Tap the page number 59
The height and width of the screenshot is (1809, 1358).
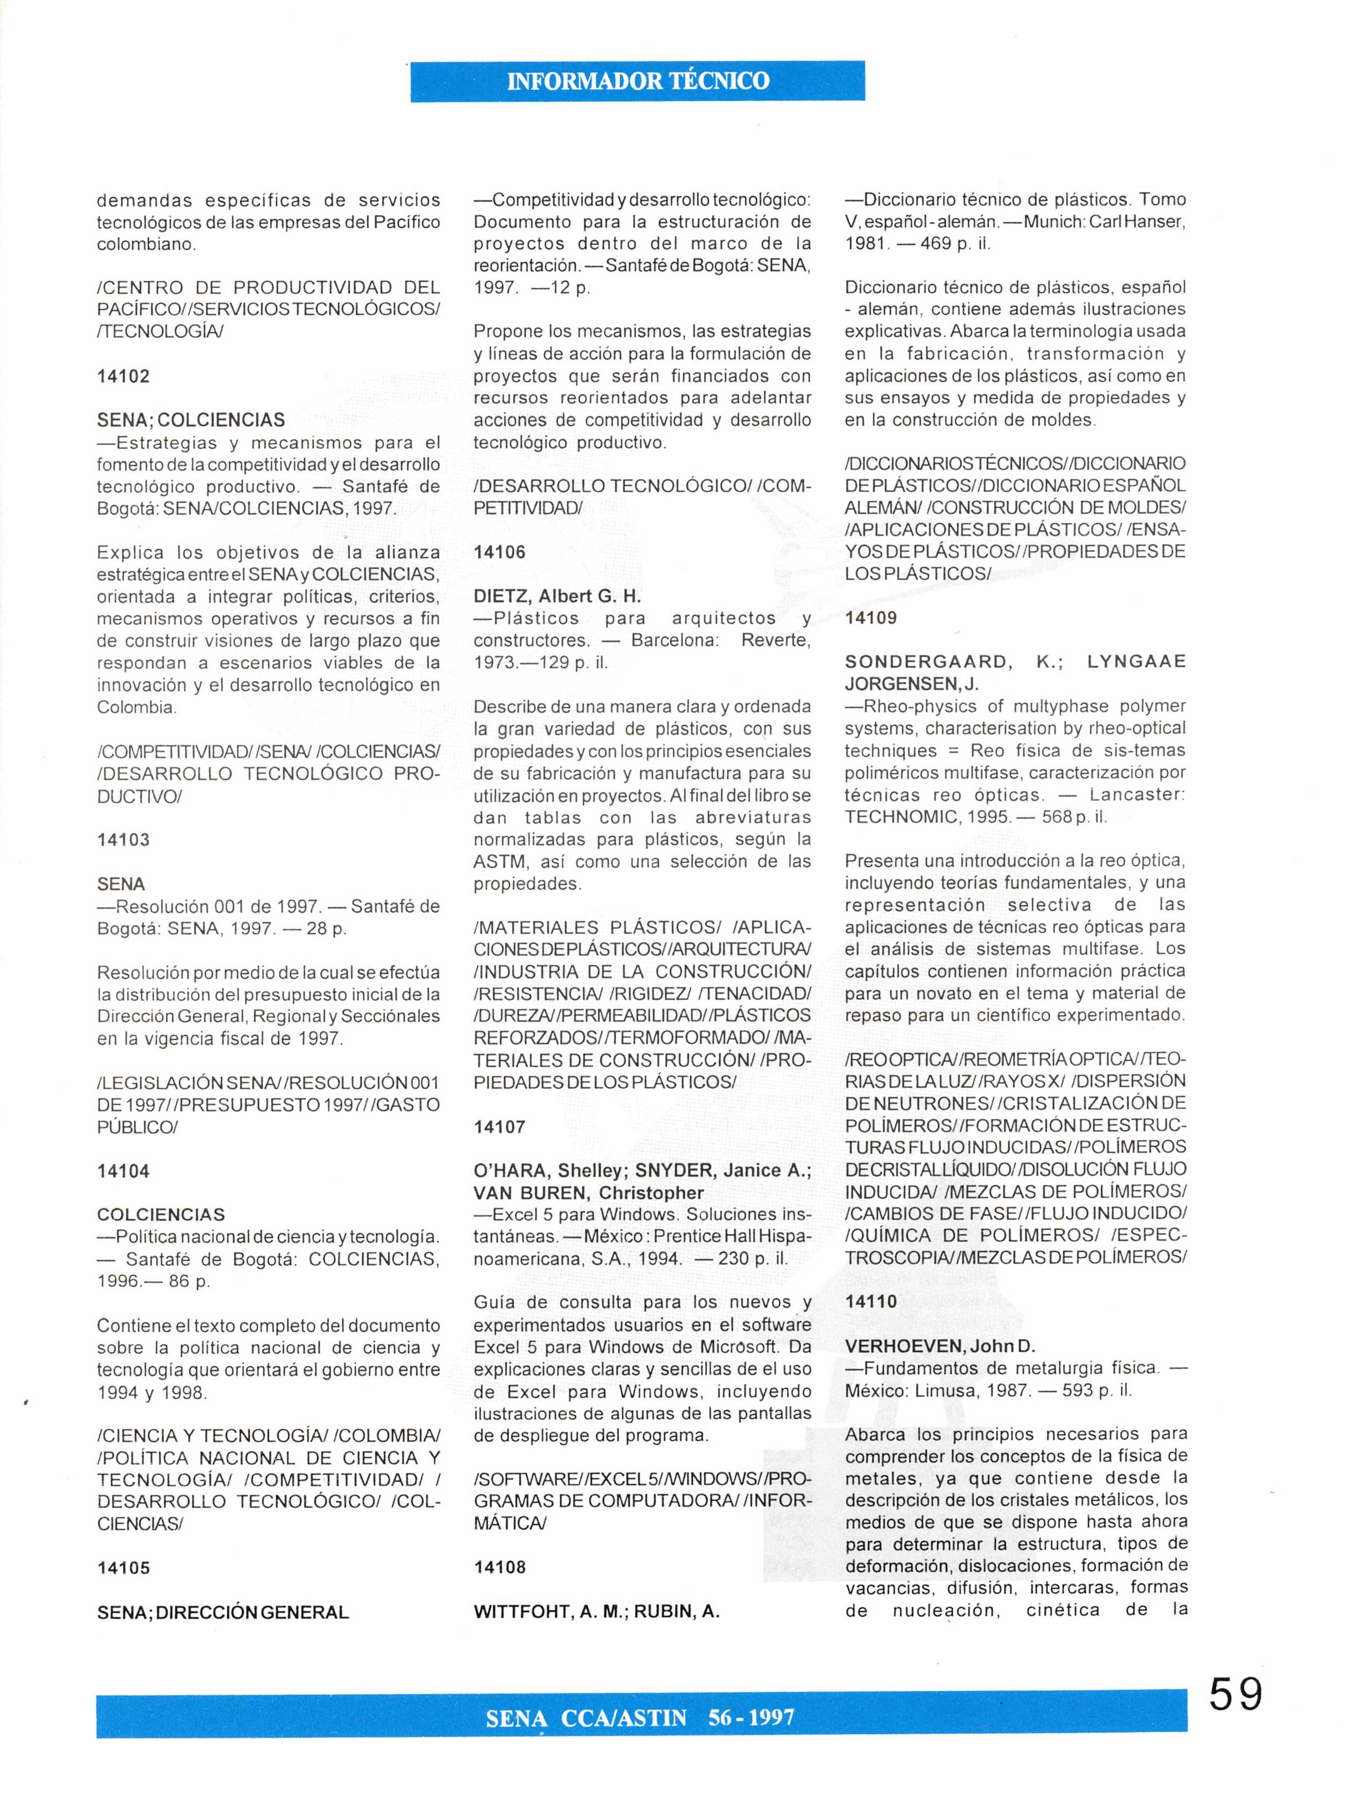pos(1236,1694)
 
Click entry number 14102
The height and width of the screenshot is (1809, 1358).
pos(124,376)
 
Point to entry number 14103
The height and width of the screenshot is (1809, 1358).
pos(124,840)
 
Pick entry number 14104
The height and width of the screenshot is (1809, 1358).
pos(124,1171)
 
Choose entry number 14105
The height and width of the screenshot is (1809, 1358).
pos(124,1568)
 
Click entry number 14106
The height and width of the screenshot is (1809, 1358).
pos(499,552)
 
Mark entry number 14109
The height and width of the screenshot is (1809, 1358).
pos(871,618)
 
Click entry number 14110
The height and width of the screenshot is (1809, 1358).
pos(871,1301)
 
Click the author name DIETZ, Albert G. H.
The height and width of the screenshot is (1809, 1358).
pos(557,596)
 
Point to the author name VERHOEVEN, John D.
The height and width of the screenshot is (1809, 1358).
pos(929,1346)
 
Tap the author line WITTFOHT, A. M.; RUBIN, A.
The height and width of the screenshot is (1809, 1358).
pos(596,1611)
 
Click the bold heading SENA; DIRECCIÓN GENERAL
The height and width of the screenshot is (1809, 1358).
pos(222,1612)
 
